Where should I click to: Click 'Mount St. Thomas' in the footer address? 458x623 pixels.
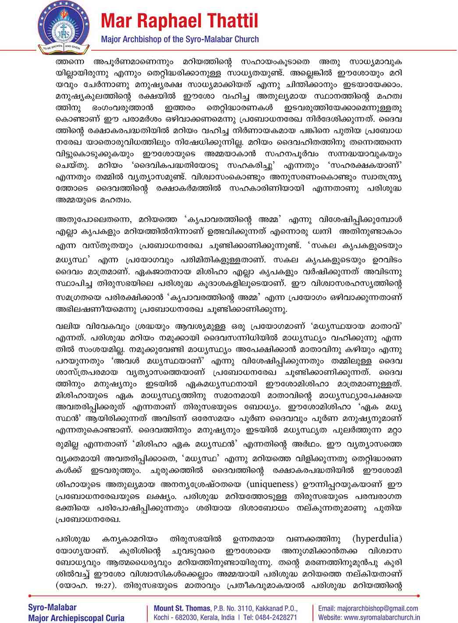(x=182, y=608)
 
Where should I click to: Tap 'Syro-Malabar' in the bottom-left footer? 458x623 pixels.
(x=52, y=607)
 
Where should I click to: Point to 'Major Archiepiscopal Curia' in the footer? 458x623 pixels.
(x=70, y=618)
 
